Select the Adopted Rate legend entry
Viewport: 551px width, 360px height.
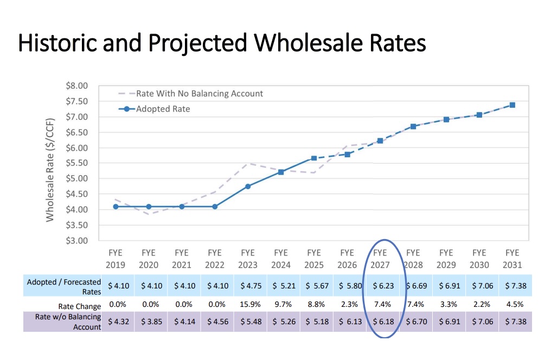pos(163,108)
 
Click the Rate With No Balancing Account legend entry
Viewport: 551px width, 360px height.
pos(199,93)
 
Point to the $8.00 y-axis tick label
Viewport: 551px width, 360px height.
pos(76,86)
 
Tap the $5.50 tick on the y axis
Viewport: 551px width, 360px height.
pos(76,163)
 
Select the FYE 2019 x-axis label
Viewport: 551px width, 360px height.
pos(116,259)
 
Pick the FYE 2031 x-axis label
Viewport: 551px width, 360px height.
pos(512,259)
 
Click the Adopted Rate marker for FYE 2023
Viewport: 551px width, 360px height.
pos(248,187)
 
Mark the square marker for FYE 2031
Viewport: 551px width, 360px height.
pos(512,105)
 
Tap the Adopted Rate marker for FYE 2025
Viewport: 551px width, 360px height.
pos(314,158)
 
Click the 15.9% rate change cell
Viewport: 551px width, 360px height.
pos(248,304)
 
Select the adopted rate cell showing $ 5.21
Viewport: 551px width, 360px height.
pos(281,285)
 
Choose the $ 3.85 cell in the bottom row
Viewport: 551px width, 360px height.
pos(149,322)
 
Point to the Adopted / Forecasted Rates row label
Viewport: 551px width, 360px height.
pos(64,286)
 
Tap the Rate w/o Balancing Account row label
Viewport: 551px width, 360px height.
pos(68,322)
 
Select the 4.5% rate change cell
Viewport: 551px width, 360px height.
pos(512,304)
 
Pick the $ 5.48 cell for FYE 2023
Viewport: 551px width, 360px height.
pos(248,322)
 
